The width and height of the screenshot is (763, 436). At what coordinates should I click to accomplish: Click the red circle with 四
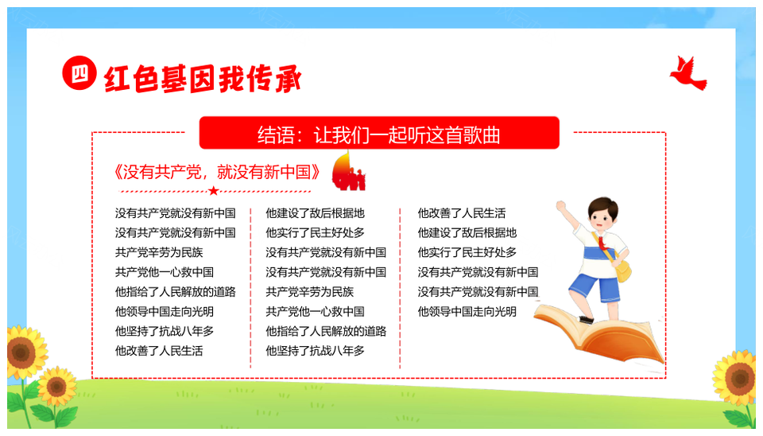click(x=79, y=73)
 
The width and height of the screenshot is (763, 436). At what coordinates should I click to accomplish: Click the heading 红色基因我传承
click(x=203, y=79)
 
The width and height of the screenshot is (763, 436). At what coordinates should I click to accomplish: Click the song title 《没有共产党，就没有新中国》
click(x=217, y=172)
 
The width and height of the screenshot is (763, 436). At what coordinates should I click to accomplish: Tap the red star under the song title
click(x=213, y=191)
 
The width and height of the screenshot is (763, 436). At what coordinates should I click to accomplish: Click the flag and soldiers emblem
click(x=348, y=171)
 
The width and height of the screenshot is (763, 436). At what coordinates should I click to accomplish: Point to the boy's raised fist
click(x=562, y=206)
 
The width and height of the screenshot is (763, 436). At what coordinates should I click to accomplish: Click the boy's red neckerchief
click(x=603, y=243)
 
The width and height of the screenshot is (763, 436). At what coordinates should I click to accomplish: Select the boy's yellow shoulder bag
click(x=623, y=271)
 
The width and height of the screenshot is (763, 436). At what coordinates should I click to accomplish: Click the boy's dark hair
click(x=603, y=207)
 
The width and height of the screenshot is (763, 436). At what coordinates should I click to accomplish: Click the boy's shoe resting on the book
click(x=586, y=320)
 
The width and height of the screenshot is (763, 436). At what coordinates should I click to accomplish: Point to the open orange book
click(x=599, y=334)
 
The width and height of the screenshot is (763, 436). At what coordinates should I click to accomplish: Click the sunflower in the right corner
click(x=736, y=378)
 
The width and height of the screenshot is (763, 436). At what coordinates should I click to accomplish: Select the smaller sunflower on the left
click(x=56, y=387)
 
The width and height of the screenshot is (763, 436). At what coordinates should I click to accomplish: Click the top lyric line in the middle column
click(x=315, y=213)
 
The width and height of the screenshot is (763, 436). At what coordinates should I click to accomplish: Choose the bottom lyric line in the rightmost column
click(x=467, y=311)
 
